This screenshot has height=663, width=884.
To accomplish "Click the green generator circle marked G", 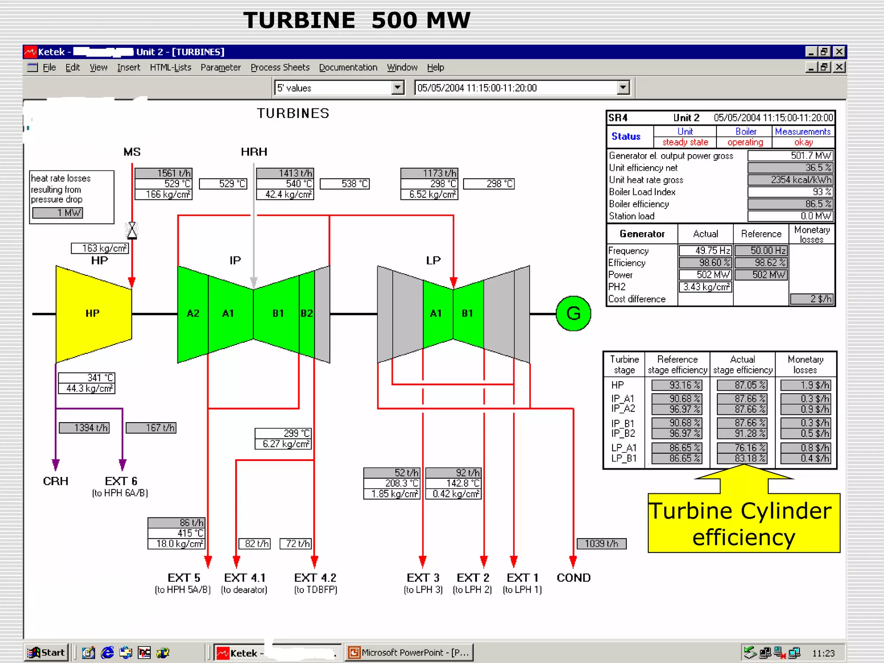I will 573,313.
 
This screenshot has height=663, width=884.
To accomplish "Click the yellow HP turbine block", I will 93,313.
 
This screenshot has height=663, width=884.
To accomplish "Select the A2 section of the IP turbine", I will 193,313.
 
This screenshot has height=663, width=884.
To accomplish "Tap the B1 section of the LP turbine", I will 467,313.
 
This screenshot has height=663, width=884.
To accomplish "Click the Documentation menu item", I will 348,67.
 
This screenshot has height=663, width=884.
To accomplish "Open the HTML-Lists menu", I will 170,67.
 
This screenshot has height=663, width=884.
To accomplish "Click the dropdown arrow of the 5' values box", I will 398,88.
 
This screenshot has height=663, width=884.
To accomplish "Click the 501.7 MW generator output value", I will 790,155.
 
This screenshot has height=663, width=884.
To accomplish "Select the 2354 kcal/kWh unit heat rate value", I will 790,180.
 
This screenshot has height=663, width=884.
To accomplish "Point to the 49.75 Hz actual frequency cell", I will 705,250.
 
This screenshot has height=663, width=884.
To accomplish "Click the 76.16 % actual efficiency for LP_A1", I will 742,448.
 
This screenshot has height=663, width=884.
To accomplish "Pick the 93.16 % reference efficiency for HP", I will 676,385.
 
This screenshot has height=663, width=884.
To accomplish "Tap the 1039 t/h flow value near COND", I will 601,543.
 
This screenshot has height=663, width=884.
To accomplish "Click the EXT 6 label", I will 121,481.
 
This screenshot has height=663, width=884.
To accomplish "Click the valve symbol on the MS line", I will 132,230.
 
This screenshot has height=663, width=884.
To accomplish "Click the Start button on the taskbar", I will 46,652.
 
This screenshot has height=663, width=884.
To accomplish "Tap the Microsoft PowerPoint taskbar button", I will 409,652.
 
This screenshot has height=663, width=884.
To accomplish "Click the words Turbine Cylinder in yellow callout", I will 740,511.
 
